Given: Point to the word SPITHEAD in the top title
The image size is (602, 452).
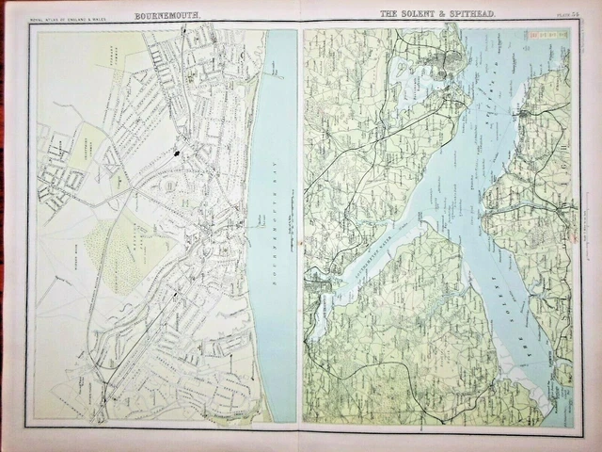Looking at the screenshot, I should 472,15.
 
